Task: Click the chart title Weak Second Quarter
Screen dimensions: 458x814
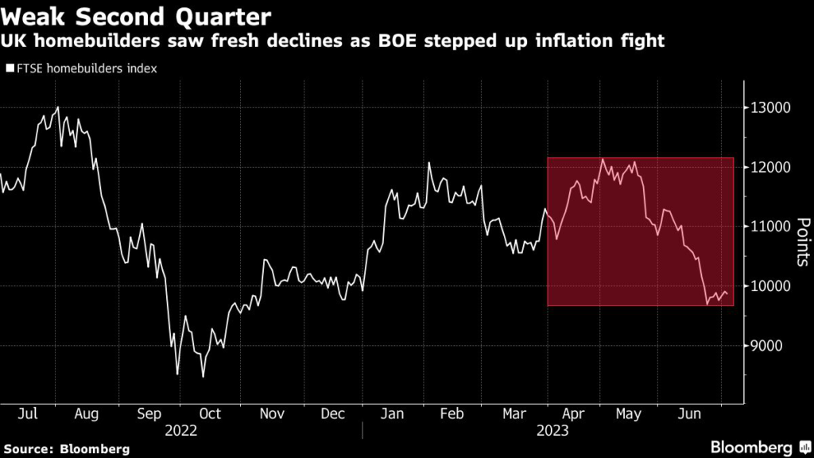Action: tap(136, 16)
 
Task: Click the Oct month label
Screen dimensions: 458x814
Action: tap(210, 414)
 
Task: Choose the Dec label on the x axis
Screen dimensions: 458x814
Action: tap(334, 414)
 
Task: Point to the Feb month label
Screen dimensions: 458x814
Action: tap(451, 414)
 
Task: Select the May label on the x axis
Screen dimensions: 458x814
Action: tap(628, 414)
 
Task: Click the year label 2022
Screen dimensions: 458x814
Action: tap(180, 430)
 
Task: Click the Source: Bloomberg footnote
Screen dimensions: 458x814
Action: tap(65, 448)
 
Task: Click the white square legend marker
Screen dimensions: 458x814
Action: tap(10, 69)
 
